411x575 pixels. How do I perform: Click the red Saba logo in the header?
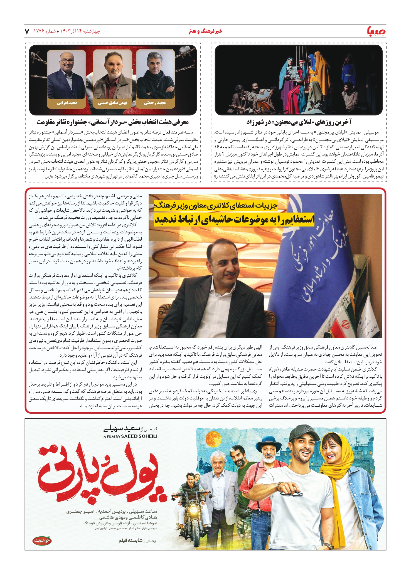(376, 31)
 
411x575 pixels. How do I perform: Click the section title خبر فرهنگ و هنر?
(206, 31)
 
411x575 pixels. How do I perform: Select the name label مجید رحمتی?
(155, 103)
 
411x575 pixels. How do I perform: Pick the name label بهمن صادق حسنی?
(112, 103)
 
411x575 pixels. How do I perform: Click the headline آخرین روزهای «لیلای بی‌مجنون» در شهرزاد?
(299, 122)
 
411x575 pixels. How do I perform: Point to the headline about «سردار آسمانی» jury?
(113, 122)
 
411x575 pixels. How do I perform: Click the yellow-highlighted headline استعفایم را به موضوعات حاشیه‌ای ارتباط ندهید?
(234, 219)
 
